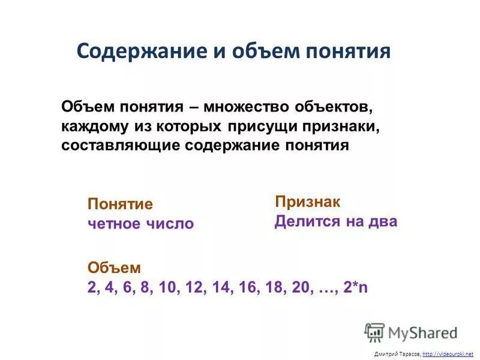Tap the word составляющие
120,146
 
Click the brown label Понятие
120,203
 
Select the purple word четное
114,224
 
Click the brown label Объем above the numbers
114,267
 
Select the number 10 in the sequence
167,287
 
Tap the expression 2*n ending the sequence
356,287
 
